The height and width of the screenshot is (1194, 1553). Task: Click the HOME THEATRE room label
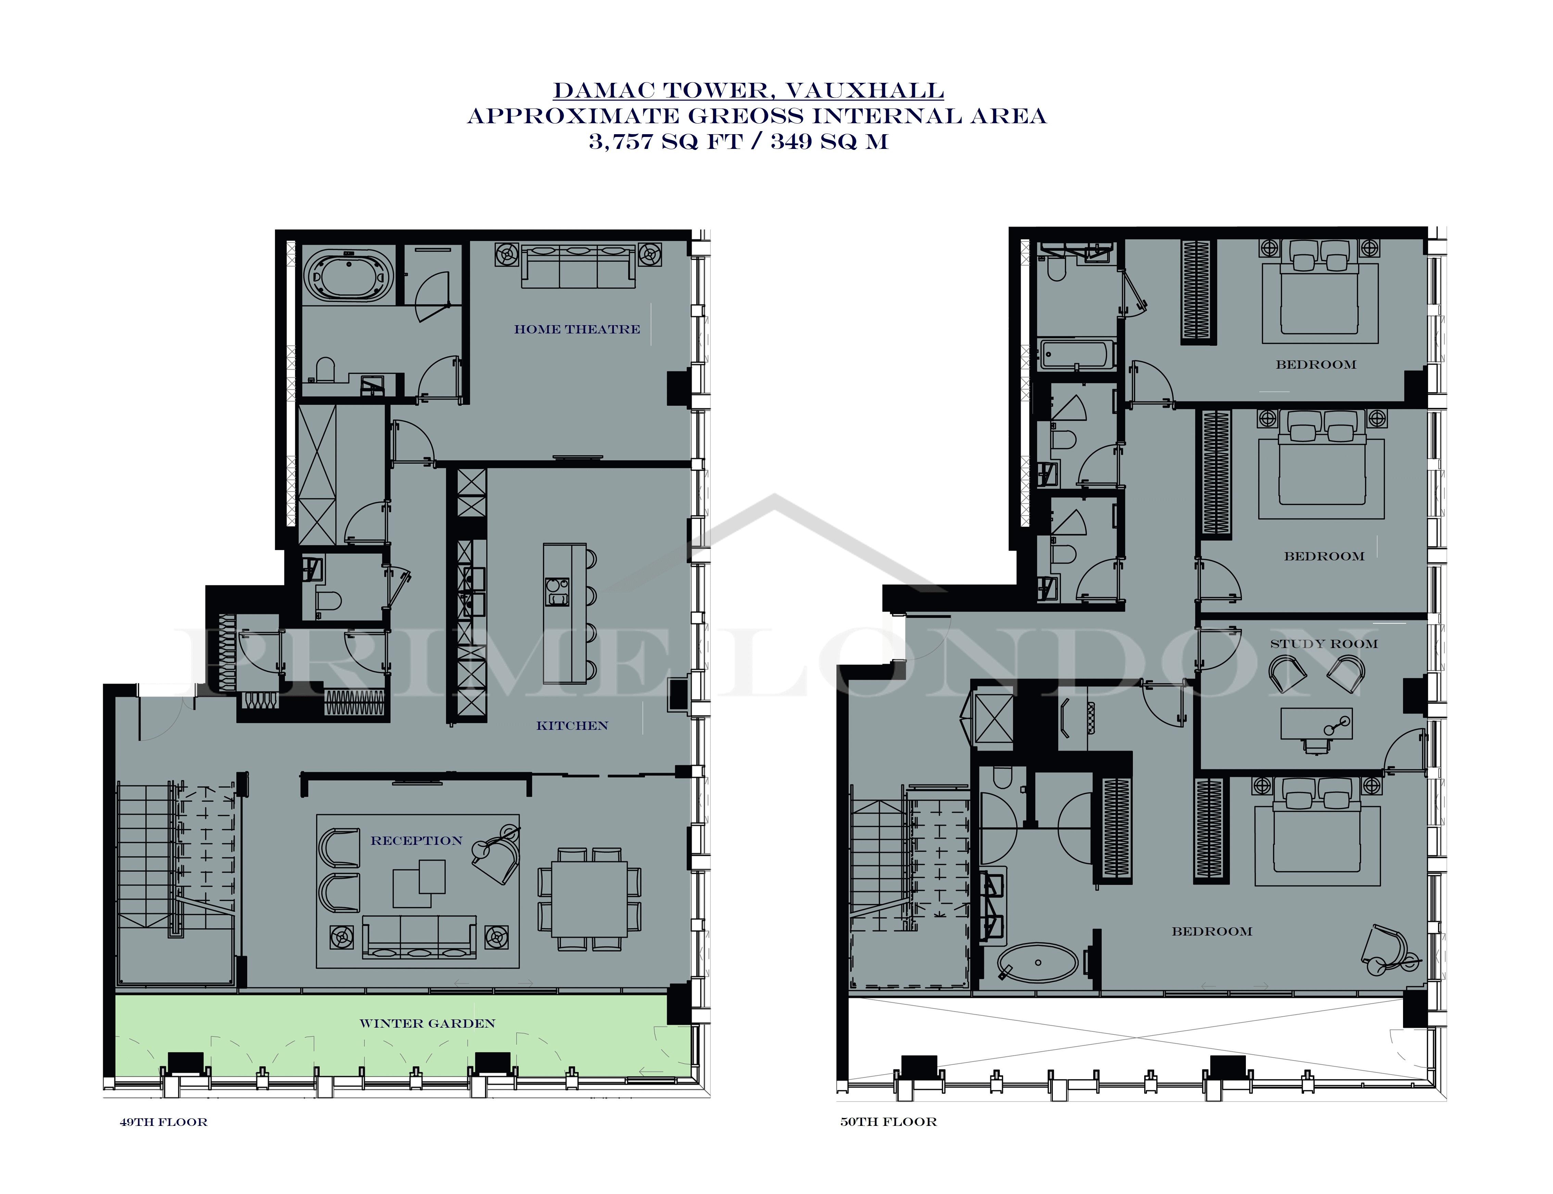(x=577, y=329)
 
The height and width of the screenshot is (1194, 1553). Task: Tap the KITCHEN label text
(x=572, y=726)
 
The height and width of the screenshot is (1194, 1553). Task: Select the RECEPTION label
(x=417, y=841)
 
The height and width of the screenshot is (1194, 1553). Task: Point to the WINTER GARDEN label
(x=427, y=1024)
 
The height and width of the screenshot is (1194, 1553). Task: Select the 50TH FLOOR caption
(x=888, y=1121)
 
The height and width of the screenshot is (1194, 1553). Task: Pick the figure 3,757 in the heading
(x=620, y=141)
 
